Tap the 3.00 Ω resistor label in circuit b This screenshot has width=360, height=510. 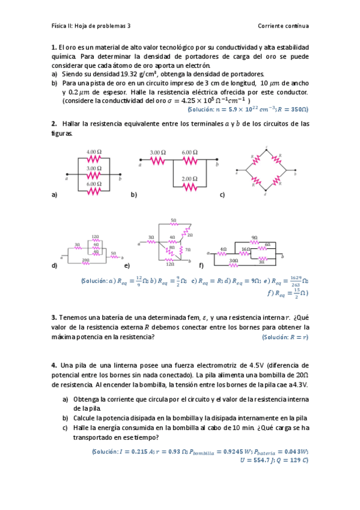pos(158,153)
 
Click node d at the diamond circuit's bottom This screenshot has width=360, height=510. pos(266,194)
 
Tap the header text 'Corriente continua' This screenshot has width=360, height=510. pos(282,26)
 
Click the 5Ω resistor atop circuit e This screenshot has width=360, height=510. pos(173,224)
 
